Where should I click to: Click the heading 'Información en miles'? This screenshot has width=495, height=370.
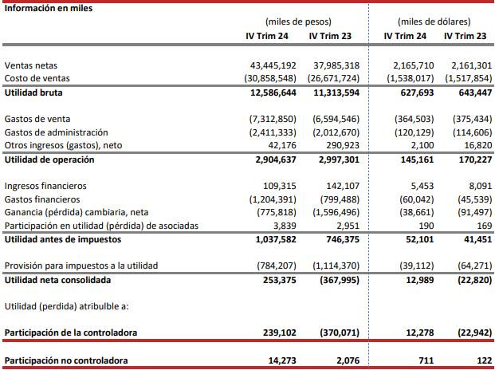(x=48, y=9)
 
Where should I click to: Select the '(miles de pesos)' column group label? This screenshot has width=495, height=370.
(x=298, y=22)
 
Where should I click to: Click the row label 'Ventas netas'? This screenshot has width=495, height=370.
(x=31, y=64)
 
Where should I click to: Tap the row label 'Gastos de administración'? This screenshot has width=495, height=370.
(x=56, y=132)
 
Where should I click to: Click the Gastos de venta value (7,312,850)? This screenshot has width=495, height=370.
(x=273, y=118)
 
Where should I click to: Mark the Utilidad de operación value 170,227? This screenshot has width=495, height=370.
(x=470, y=159)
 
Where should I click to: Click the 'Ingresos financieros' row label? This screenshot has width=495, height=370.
(x=45, y=185)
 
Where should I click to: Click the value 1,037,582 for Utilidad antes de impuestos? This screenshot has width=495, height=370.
(x=275, y=239)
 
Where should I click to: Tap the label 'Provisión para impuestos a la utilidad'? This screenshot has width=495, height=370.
(x=81, y=265)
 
